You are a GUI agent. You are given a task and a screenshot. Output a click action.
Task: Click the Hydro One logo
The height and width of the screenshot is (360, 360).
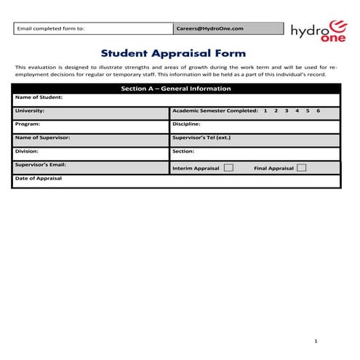coord(317,31)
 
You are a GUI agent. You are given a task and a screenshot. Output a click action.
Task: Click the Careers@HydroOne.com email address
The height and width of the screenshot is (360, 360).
coord(209,28)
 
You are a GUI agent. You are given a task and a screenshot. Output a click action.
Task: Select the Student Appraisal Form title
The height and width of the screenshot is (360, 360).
coord(173,53)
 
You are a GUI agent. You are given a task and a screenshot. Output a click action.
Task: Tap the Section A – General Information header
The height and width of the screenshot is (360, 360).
coord(175,89)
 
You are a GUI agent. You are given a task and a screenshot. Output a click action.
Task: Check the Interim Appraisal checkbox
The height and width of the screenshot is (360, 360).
coord(228,168)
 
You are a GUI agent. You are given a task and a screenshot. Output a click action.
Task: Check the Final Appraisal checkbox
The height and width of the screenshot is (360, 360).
coord(301,168)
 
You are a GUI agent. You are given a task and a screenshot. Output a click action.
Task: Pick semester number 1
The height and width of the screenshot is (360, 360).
coord(265,111)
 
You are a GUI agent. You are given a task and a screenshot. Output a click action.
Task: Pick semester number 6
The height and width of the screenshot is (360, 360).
coord(318,111)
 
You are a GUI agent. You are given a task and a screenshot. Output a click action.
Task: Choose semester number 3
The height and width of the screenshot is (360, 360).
coord(287,111)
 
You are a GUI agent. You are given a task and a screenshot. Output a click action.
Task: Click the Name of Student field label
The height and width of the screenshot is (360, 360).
coord(39,97)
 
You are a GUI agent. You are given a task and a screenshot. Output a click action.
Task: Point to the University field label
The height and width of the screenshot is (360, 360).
coord(30,111)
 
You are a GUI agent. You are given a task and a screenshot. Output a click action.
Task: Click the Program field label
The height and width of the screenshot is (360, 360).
coord(28,124)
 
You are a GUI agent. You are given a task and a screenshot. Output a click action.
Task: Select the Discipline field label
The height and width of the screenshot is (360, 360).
coord(186,124)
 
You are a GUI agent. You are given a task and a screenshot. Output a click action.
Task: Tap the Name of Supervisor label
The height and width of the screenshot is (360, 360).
coord(42,137)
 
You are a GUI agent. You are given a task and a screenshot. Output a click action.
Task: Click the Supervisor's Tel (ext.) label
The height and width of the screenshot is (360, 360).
coord(201,137)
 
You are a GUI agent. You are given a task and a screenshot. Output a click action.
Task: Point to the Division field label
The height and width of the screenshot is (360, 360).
coord(28,151)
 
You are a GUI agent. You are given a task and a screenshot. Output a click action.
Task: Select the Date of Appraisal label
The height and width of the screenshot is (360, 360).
coord(39,178)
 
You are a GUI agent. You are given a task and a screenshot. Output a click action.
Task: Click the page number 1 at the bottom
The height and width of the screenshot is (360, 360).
coord(316,340)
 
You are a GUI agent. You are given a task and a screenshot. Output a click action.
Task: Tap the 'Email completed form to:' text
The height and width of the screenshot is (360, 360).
coord(51,28)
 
